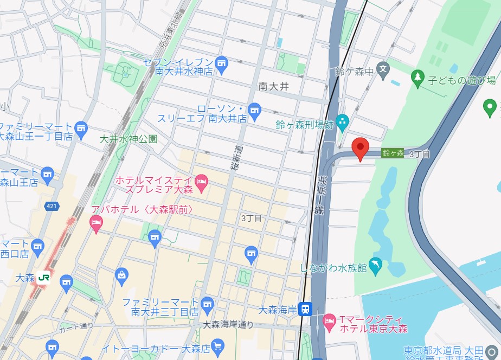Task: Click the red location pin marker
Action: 361,148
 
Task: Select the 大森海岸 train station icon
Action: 305,310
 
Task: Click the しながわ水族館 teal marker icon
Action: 375,266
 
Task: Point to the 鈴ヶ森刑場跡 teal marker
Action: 342,122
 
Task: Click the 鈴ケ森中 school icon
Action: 383,69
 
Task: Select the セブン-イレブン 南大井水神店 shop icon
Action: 221,65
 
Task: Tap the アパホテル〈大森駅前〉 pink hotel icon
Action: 96,222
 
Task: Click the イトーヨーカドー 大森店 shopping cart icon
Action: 217,345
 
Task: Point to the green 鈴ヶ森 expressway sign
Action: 393,153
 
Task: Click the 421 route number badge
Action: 50,206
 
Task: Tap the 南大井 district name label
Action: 273,86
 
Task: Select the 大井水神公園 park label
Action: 129,139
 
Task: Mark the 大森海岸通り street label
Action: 228,325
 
